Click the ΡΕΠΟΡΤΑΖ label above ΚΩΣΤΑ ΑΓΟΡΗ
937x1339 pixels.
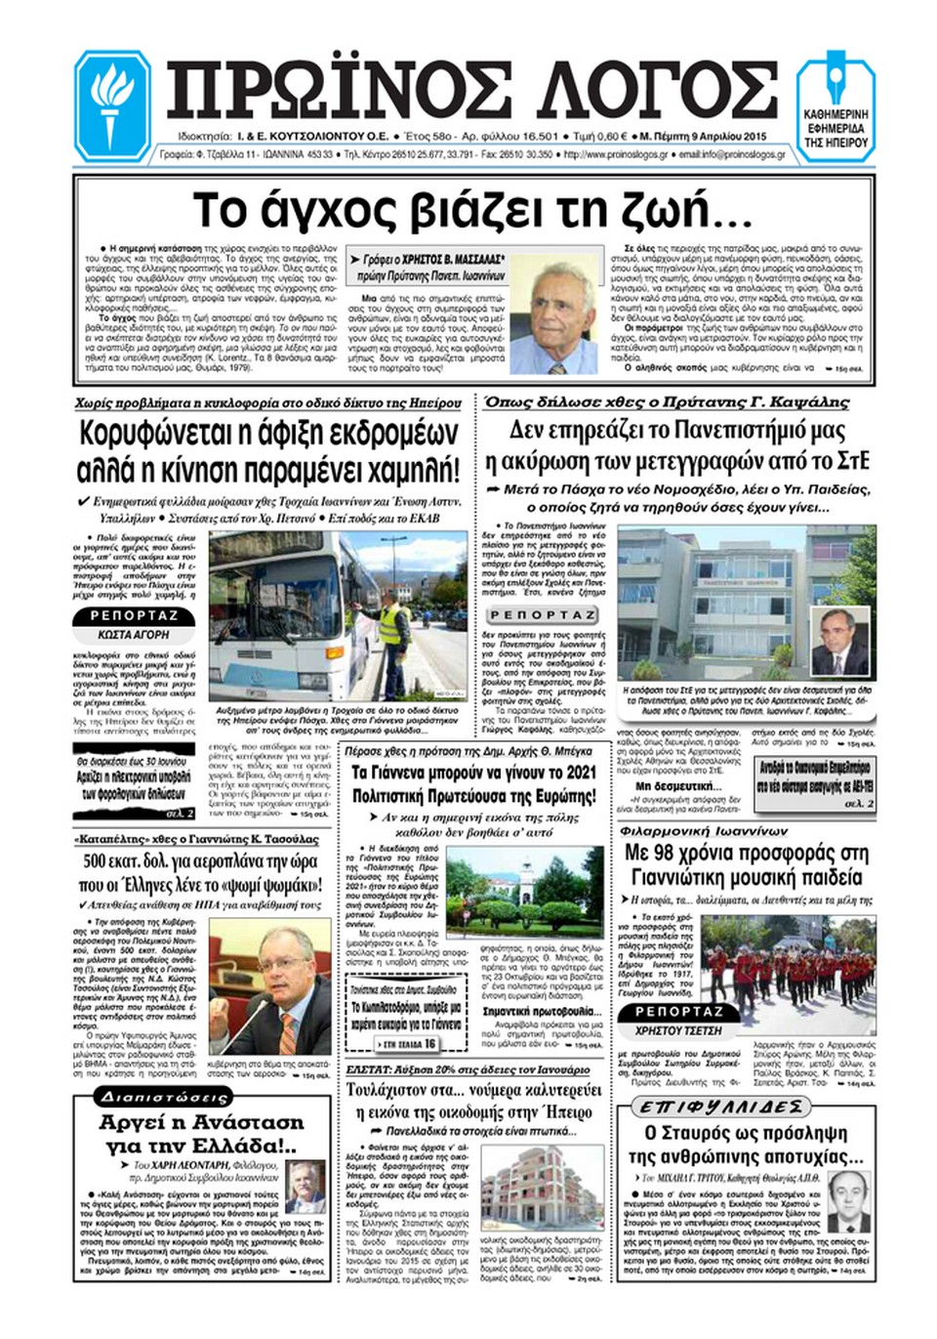pos(135,616)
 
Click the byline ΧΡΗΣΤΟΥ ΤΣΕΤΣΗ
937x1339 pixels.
pos(678,1030)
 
